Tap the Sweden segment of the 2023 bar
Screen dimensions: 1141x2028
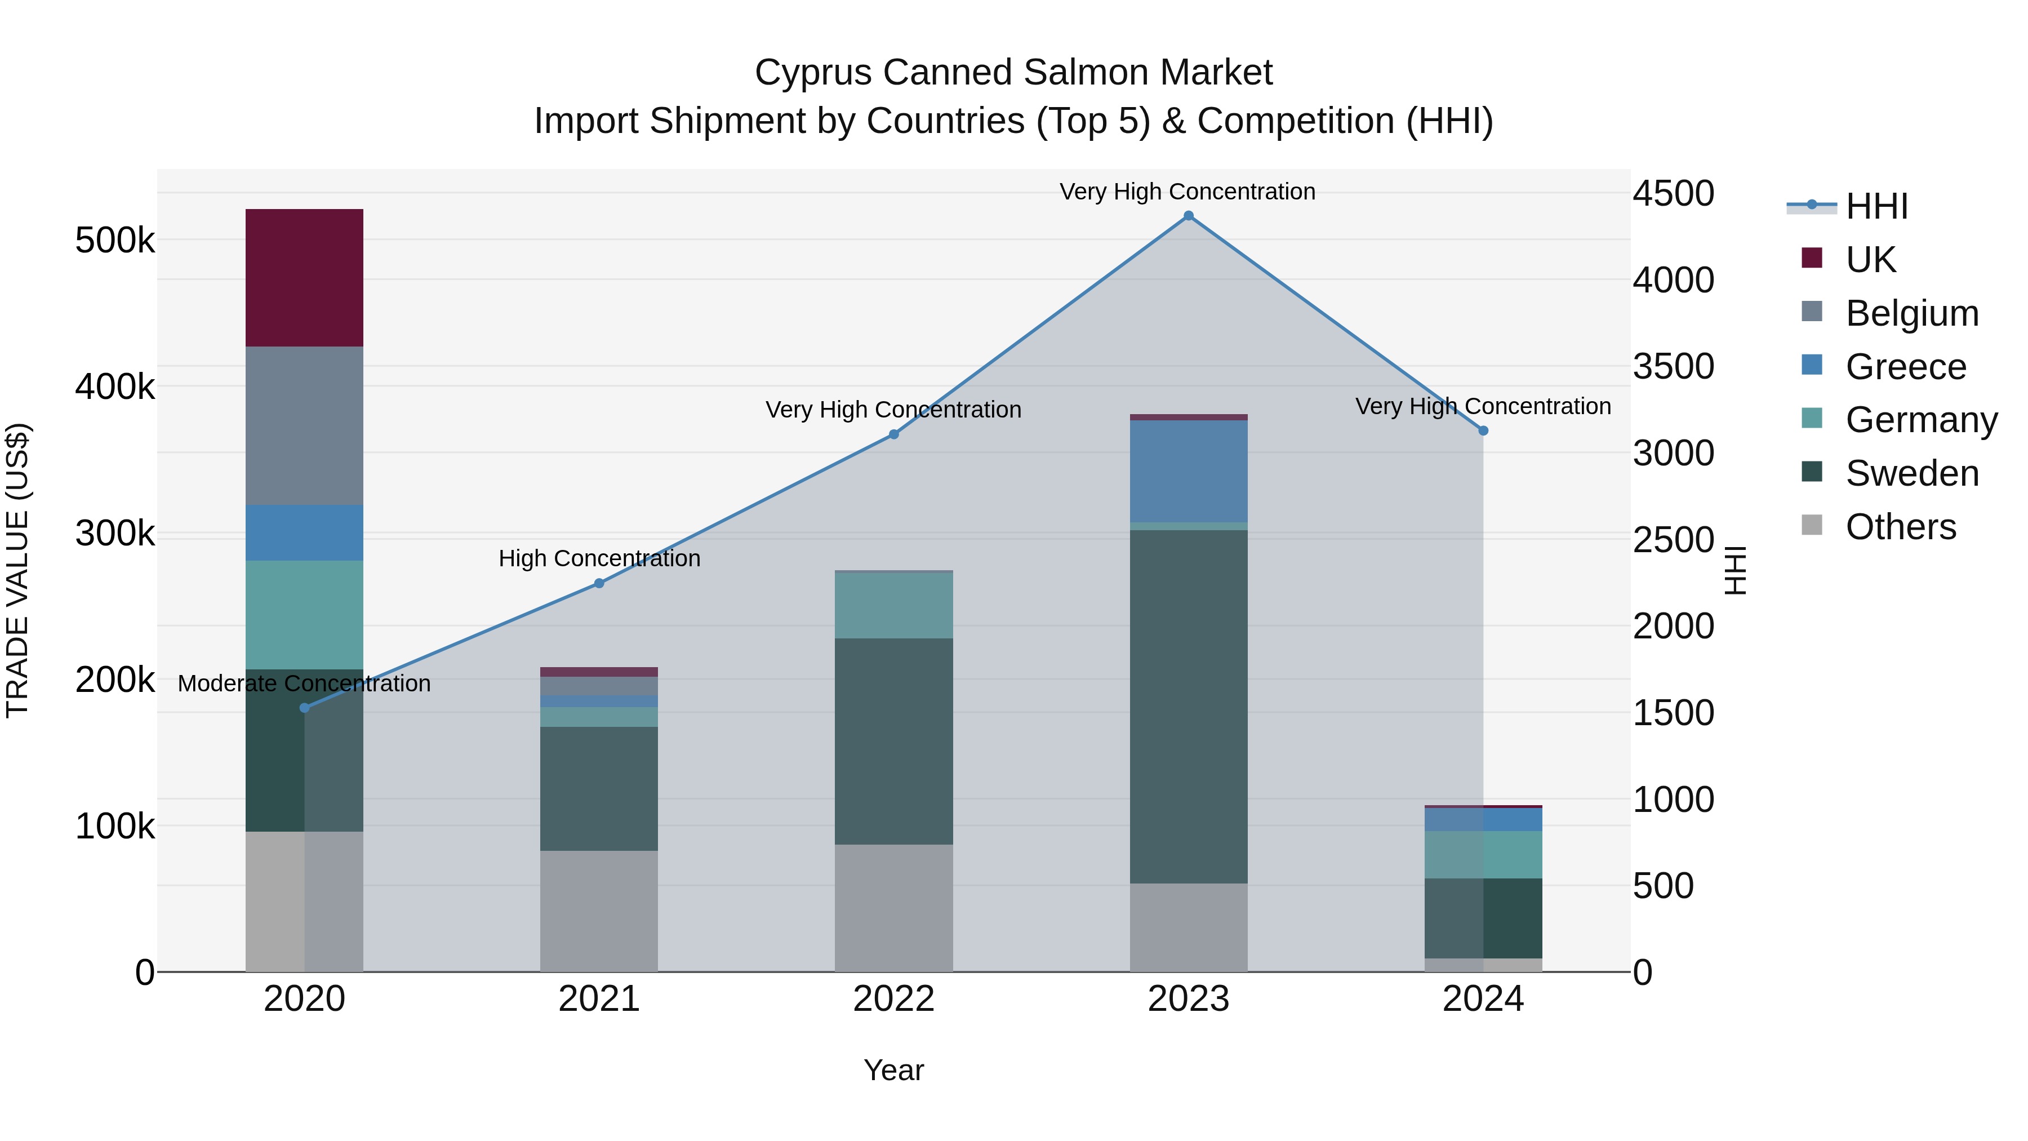(x=1188, y=707)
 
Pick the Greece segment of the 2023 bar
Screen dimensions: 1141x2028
(x=1188, y=471)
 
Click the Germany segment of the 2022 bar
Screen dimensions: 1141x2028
(x=893, y=605)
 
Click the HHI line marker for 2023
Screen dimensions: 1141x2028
(x=1188, y=216)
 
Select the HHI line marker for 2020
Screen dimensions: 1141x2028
(x=305, y=708)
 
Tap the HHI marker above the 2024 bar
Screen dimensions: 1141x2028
(x=1483, y=430)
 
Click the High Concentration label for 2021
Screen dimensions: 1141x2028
(x=599, y=558)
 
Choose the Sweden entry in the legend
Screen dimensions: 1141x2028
(x=1911, y=473)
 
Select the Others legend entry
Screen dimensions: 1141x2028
(x=1901, y=527)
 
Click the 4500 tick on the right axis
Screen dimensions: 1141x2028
(x=1673, y=194)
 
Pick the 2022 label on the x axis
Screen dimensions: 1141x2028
(x=893, y=999)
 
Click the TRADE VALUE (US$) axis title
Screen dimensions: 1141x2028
(x=17, y=570)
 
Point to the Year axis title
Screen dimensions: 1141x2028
(x=893, y=1070)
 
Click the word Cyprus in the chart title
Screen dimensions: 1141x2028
(x=813, y=73)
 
